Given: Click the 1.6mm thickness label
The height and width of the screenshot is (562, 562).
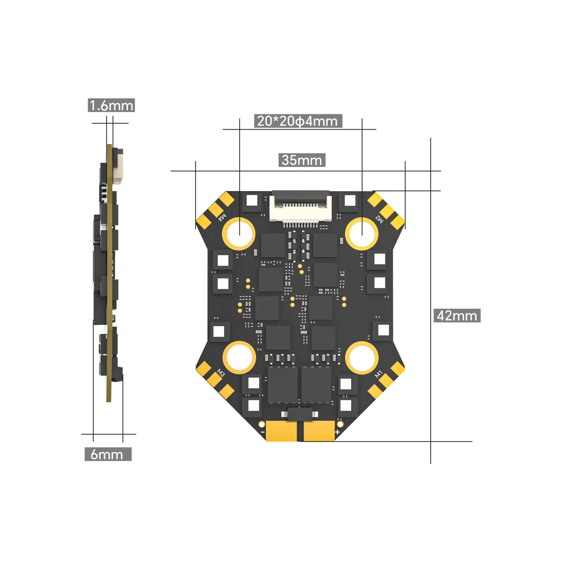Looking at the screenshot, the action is coord(111,105).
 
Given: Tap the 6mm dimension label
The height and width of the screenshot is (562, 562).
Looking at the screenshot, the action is coord(108,454).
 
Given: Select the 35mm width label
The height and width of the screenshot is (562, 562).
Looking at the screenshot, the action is coord(302,160).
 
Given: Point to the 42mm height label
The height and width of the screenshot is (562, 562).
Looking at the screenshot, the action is coord(457,316).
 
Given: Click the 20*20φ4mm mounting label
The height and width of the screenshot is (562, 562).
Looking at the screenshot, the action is coord(298,121).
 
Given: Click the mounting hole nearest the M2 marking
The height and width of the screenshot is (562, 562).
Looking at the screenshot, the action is coord(362,234).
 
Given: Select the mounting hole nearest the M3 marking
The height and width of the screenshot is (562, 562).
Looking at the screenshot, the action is coord(239,358).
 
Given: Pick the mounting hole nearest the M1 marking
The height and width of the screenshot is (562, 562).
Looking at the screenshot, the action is coord(362,358).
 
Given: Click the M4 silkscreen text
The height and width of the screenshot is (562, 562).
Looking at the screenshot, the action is coord(222,217).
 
